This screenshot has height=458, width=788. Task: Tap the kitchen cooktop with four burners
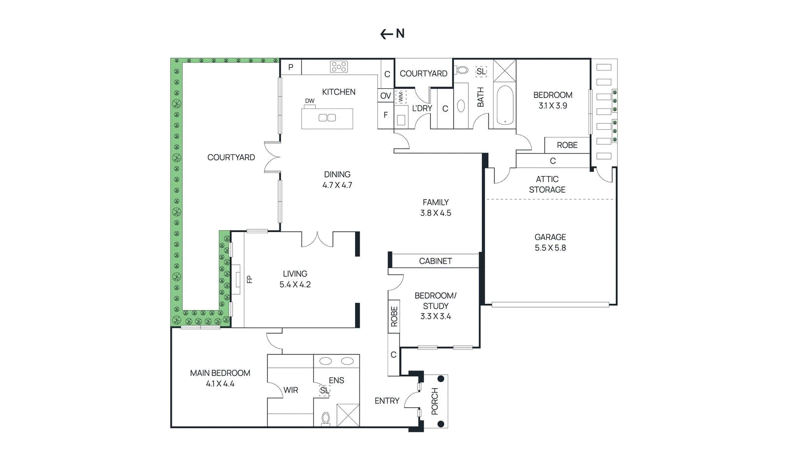339,67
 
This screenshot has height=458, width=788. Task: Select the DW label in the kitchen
309,101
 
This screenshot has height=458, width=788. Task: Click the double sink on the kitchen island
327,118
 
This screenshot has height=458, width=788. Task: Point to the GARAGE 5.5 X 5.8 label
550,243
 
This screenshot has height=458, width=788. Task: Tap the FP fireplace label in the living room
249,280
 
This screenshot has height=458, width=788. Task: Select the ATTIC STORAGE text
547,184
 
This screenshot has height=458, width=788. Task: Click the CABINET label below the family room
435,261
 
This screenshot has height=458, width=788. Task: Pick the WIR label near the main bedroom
291,390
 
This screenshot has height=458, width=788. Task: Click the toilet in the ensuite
326,419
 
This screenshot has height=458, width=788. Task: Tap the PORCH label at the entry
434,401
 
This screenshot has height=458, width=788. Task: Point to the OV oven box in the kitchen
386,96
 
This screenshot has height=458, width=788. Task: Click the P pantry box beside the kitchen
291,68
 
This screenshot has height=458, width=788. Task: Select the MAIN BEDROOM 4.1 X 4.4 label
220,378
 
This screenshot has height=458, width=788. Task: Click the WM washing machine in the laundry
401,96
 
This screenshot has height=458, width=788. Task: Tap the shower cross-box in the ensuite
348,415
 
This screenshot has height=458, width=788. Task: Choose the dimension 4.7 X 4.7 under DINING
337,185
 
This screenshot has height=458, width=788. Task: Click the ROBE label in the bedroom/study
394,317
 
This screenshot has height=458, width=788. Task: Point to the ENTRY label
387,401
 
